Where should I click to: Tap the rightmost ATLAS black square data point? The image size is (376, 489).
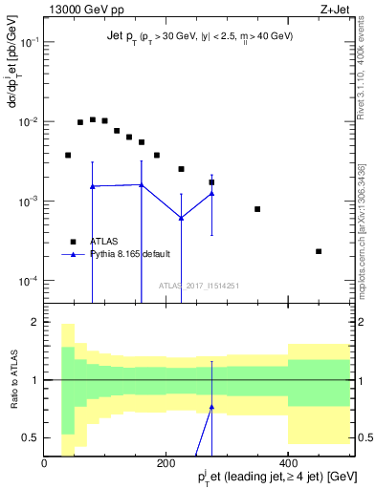(x=319, y=251)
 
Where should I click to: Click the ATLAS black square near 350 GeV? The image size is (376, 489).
(x=257, y=209)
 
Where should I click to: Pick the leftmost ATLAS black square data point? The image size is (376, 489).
(x=68, y=155)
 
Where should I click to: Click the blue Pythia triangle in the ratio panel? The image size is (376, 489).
(x=211, y=407)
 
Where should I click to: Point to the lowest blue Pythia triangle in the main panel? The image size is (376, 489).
(x=181, y=218)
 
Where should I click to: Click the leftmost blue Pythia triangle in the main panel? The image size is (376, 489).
(x=92, y=186)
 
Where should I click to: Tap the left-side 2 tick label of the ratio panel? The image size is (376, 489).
(x=34, y=322)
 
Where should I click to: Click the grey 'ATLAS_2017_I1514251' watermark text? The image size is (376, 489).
(x=198, y=286)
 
